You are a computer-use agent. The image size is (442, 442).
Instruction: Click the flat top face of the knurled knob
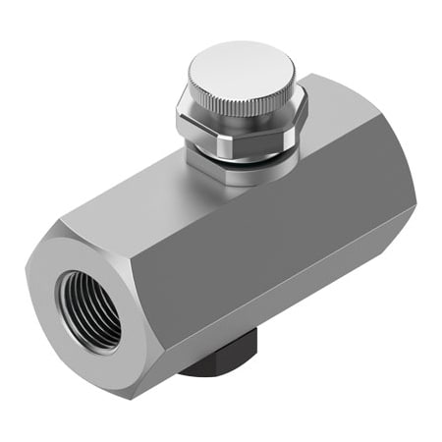coord(240,68)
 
